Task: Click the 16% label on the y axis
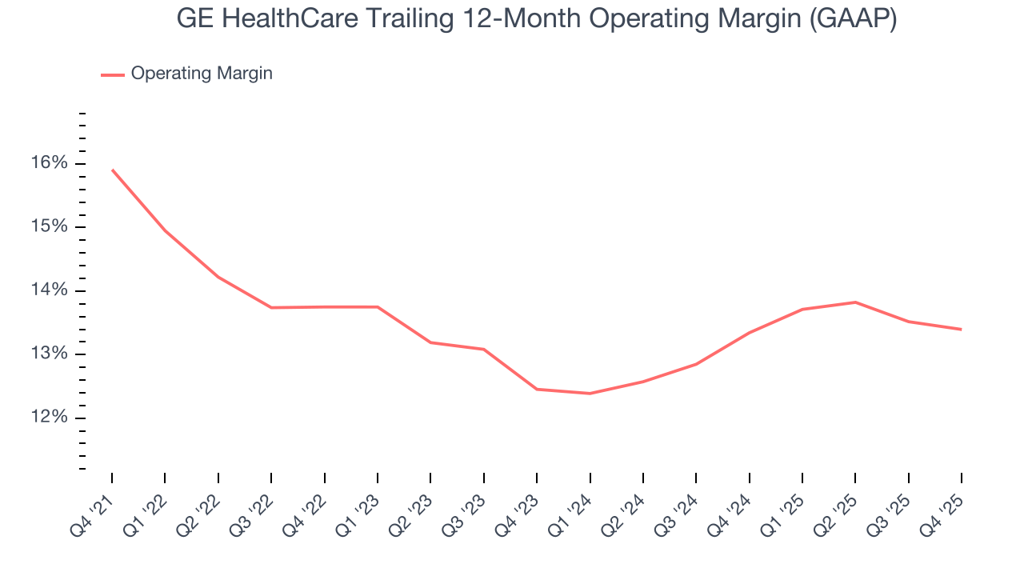point(50,163)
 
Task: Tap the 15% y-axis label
point(50,227)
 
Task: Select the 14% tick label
point(50,290)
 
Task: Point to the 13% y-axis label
point(50,354)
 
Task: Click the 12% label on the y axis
point(50,418)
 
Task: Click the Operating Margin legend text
point(202,74)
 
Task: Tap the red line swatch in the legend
point(112,74)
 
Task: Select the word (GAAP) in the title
point(852,19)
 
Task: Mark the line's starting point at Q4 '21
point(112,170)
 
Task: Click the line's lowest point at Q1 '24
point(590,394)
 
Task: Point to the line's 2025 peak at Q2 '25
point(855,302)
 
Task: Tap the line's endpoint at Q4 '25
point(961,329)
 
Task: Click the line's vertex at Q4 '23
point(537,389)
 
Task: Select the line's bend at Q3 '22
point(271,307)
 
